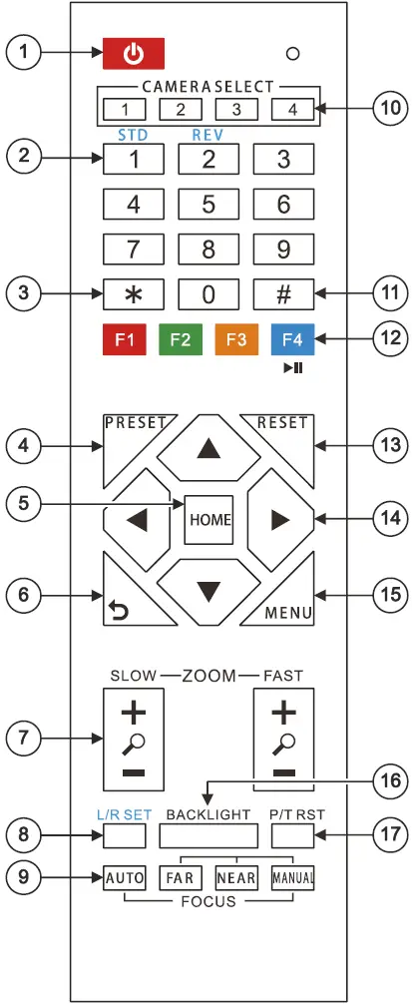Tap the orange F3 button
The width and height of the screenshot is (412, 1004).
tap(236, 339)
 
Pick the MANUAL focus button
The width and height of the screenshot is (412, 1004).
tap(293, 879)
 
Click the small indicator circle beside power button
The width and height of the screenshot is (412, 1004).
tap(293, 52)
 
